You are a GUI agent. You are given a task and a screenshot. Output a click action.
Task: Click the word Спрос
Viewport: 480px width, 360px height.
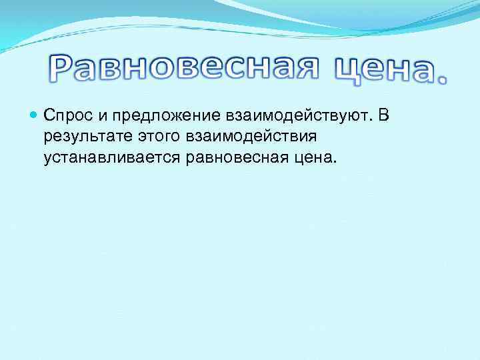coord(63,116)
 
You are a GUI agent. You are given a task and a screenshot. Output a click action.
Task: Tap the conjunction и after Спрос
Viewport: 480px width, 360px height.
coord(92,116)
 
